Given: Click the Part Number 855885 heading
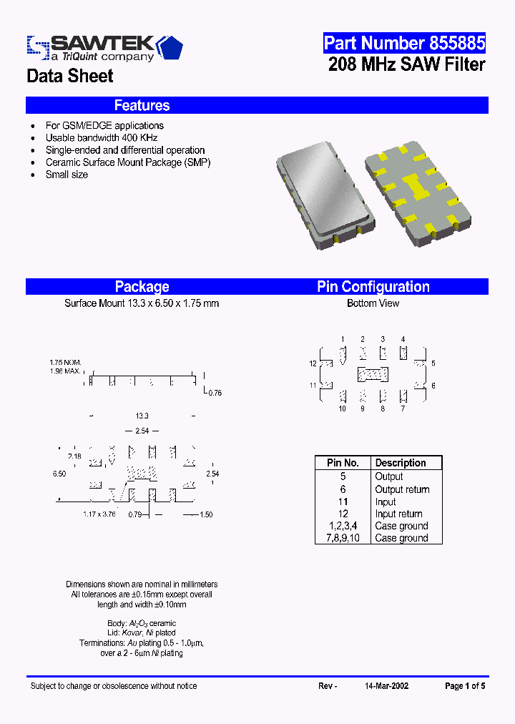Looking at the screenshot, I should click(x=404, y=43).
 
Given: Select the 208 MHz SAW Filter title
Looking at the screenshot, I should click(x=406, y=64).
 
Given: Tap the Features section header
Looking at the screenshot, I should click(x=142, y=106).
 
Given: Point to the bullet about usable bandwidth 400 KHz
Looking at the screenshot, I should click(x=101, y=137).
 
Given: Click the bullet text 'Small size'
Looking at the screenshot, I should click(x=67, y=174).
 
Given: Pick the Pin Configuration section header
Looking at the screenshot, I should click(x=373, y=287).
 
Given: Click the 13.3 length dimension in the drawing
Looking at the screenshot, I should click(x=142, y=416).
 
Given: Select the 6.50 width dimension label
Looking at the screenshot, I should click(x=59, y=474).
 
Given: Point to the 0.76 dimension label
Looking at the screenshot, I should click(x=215, y=393).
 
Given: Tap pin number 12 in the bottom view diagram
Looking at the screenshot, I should click(x=313, y=364).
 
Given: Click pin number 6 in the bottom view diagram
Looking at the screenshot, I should click(x=433, y=386).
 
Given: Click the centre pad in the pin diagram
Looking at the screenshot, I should click(x=373, y=374).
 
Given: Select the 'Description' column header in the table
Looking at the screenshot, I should click(x=400, y=463).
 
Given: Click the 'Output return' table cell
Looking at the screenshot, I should click(x=402, y=489).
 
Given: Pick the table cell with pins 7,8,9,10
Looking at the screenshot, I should click(x=343, y=538).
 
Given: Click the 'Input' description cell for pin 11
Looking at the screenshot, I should click(x=386, y=502).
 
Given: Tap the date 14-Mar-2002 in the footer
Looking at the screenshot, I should click(x=386, y=686).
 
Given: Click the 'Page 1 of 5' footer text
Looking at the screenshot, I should click(x=464, y=686).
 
